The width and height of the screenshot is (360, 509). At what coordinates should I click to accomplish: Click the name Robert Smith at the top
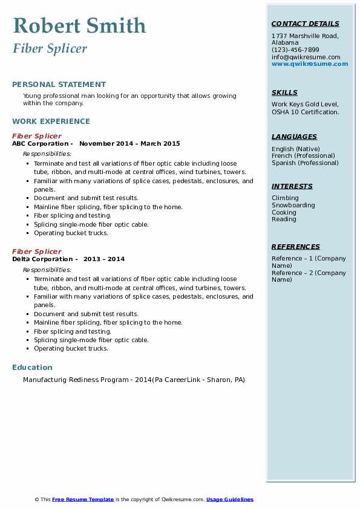coord(79,25)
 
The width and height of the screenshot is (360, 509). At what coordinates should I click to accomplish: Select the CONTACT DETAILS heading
coord(305,24)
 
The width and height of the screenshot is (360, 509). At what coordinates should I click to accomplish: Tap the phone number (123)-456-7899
coord(295,50)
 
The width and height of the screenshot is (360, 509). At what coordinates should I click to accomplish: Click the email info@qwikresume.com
coord(306,57)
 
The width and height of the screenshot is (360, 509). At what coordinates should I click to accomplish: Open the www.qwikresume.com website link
coord(310,64)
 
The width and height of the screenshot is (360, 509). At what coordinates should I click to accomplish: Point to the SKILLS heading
coord(284,92)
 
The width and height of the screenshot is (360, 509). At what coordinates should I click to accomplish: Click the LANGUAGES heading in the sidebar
coord(294,137)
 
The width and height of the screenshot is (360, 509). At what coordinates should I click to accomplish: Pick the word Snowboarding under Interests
coord(293,205)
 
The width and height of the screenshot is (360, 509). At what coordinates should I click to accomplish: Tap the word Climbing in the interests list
coord(285,198)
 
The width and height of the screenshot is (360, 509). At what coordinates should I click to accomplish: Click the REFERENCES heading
coord(296,247)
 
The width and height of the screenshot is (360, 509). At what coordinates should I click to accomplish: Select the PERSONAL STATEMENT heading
coord(59,85)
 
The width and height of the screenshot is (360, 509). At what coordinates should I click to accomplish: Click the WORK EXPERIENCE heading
coord(51,121)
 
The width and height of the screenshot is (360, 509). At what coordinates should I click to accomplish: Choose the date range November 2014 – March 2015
coord(129,144)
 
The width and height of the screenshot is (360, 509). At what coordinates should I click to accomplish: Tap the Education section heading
coord(32,367)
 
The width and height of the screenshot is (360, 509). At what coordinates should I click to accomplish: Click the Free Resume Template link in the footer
coord(83,499)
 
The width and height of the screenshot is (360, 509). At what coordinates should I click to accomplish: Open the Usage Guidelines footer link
coord(229,499)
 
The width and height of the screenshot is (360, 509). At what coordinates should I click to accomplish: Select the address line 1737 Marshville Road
coord(304,36)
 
